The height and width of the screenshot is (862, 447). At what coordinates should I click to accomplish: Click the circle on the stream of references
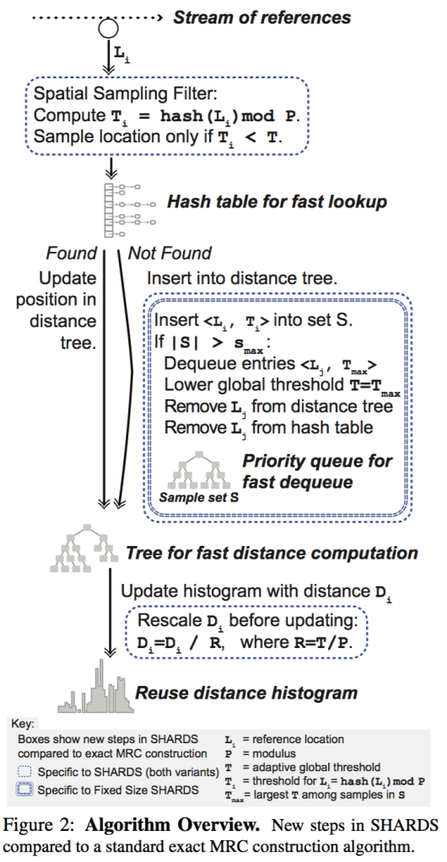click(x=108, y=27)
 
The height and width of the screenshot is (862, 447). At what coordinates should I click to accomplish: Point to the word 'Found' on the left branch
click(x=66, y=253)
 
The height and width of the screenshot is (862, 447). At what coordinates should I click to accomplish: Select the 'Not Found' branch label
click(x=170, y=253)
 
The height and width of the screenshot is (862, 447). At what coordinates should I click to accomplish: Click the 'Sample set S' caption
click(x=199, y=498)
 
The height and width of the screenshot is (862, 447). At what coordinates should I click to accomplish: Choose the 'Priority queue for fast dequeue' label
click(x=317, y=472)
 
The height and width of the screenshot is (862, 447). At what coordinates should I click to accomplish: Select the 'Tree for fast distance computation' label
click(x=272, y=554)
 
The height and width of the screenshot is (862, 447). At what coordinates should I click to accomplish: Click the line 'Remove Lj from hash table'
click(x=268, y=427)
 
